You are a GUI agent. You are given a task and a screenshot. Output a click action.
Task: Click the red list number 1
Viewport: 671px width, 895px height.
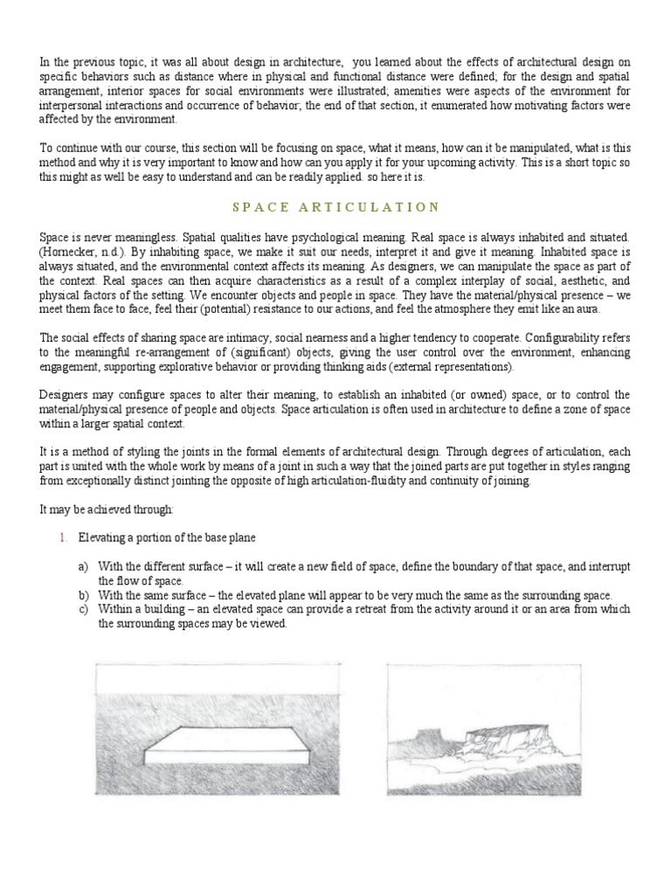63,538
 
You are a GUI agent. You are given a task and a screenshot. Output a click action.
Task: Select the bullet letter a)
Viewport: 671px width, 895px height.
83,567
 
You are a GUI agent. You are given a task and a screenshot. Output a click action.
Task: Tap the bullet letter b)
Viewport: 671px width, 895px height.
83,595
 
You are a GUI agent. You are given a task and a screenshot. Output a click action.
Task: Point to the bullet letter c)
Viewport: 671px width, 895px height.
83,610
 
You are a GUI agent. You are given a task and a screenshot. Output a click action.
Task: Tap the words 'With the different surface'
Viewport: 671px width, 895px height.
156,567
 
